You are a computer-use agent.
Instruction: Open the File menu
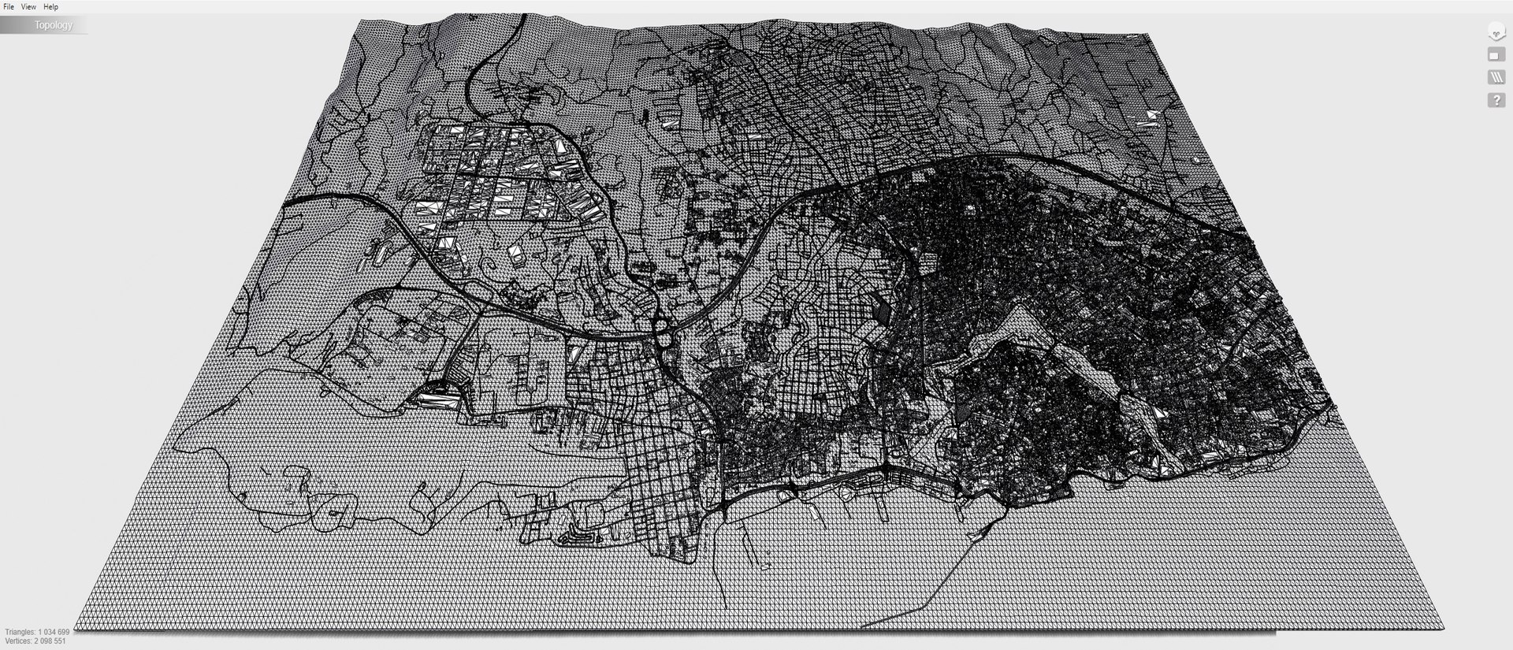click(9, 6)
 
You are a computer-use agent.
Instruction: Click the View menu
click(28, 6)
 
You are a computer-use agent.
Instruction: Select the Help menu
click(50, 6)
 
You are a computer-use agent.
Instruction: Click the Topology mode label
click(53, 25)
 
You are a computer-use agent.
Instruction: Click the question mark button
click(1496, 101)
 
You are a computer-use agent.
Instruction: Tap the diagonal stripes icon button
click(1496, 77)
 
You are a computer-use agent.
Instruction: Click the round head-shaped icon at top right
click(1496, 32)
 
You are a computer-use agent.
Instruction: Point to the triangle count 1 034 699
click(54, 632)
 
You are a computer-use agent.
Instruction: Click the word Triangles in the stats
click(20, 632)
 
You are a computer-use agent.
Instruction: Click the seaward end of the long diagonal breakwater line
click(864, 627)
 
